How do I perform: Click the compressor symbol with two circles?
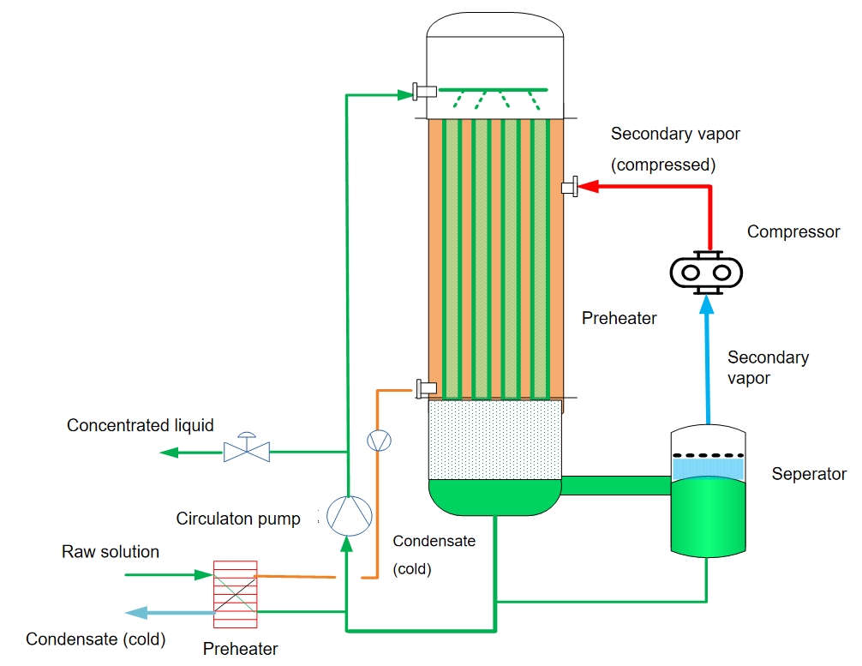[705, 273]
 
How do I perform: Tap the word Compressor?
[793, 231]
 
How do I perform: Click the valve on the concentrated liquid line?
[247, 447]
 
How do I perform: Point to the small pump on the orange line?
[377, 441]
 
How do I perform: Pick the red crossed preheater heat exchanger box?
[235, 588]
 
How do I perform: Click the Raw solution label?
[111, 551]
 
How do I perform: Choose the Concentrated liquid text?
[141, 425]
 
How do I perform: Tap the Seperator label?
[808, 474]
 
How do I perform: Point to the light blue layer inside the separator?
[707, 467]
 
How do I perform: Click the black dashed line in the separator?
[707, 454]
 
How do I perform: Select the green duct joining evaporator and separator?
[614, 485]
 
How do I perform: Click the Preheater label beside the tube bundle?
[619, 319]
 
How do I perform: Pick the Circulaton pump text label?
[238, 519]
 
